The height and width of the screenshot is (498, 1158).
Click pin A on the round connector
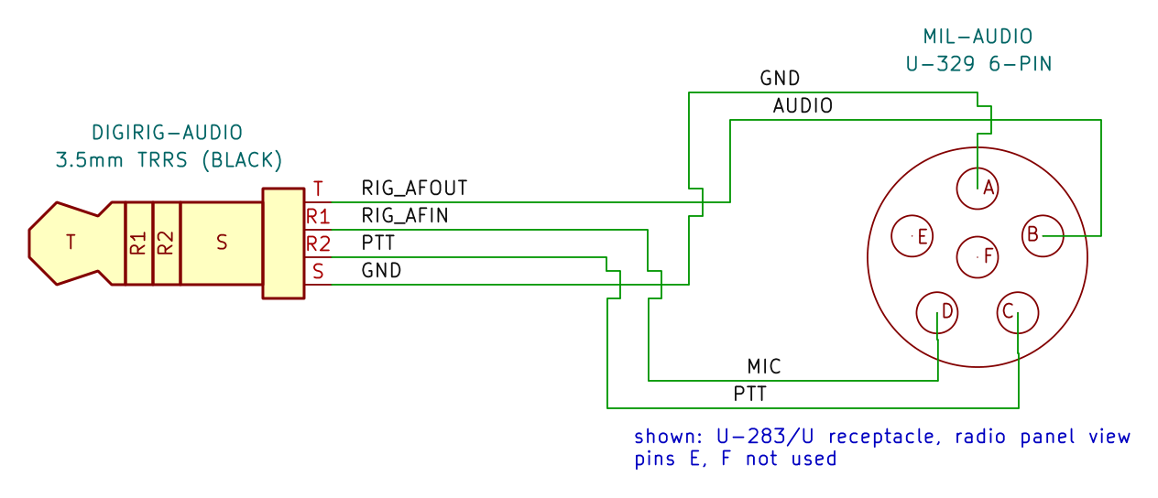977,189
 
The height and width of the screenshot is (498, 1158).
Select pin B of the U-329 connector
1043,236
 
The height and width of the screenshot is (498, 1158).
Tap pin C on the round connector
1018,313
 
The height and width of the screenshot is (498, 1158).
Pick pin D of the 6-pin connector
936,313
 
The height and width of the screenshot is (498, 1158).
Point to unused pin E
912,236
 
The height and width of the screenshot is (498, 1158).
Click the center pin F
977,256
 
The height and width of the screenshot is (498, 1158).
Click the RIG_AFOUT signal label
414,189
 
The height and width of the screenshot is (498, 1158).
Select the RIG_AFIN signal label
405,216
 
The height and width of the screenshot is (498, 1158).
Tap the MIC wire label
763,367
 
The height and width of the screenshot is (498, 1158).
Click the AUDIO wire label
803,106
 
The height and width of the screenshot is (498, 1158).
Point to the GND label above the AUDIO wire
780,79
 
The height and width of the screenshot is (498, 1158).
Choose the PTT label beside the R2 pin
377,243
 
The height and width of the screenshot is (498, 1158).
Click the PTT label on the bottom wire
749,395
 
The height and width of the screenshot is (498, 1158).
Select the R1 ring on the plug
138,244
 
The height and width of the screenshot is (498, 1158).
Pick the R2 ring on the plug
166,244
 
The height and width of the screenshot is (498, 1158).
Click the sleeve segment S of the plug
222,244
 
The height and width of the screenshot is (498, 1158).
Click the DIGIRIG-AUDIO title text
167,133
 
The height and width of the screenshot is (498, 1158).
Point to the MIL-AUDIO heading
978,37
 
